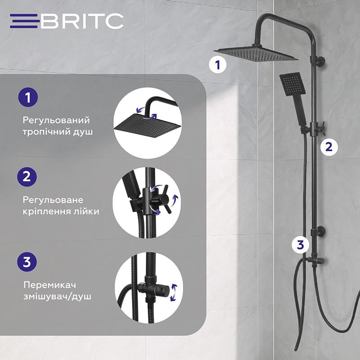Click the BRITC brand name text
pyautogui.click(x=82, y=21)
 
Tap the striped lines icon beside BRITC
pyautogui.click(x=25, y=21)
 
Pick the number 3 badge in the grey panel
pyautogui.click(x=27, y=261)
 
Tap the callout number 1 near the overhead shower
pyautogui.click(x=218, y=65)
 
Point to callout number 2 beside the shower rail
pyautogui.click(x=329, y=146)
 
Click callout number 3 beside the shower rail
pyautogui.click(x=301, y=245)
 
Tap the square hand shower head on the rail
pyautogui.click(x=290, y=85)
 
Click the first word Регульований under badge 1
pyautogui.click(x=56, y=121)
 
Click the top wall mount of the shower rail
pyautogui.click(x=320, y=61)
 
